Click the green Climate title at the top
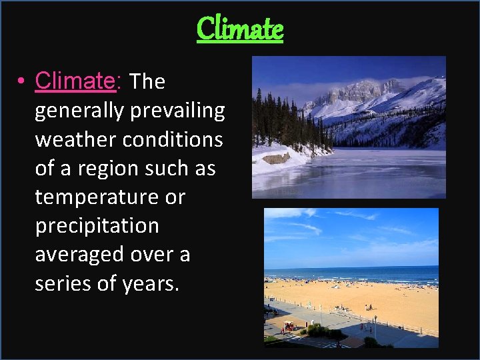coord(240,29)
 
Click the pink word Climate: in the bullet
coord(75,81)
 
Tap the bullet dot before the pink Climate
coord(22,82)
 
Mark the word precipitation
coord(97,226)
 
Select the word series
coord(64,283)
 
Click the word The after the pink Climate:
coord(147,81)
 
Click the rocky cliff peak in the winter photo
coord(360,90)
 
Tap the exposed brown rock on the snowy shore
coord(277,158)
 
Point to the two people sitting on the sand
coord(369,307)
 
